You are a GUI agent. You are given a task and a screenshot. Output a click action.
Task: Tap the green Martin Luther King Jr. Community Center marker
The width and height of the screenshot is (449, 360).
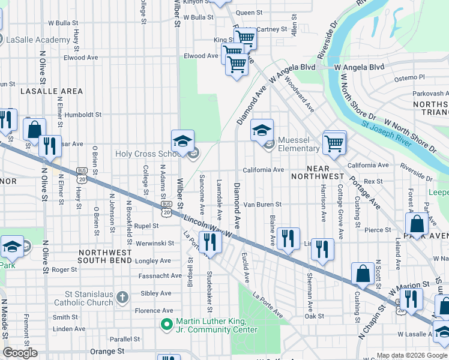click(167, 325)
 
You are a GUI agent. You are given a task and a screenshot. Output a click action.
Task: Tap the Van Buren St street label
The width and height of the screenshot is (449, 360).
click(262, 205)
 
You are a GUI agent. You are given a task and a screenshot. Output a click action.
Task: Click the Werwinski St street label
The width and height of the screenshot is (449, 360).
click(153, 243)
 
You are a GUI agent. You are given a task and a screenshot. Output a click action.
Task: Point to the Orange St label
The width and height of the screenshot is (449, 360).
click(106, 350)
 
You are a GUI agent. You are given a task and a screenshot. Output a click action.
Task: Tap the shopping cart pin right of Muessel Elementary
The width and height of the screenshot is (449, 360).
click(334, 142)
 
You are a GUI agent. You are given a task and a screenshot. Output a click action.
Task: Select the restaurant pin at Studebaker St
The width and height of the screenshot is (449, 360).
click(210, 241)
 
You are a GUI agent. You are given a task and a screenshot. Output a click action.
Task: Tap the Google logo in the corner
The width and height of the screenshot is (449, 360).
click(20, 353)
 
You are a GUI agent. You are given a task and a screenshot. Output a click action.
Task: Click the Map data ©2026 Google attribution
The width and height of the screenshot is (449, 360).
click(411, 355)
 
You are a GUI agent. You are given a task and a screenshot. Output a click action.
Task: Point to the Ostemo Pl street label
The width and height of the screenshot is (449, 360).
click(409, 78)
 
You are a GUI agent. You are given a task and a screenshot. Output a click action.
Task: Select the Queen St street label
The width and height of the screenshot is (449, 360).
click(249, 12)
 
